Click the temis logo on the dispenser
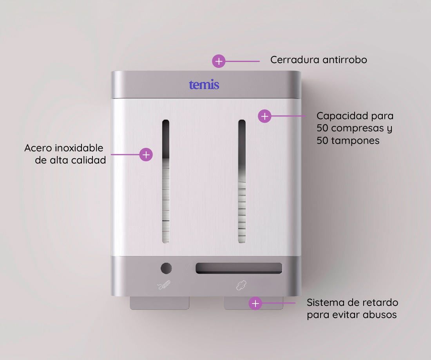[x=204, y=85]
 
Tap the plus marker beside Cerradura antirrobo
[x=219, y=61]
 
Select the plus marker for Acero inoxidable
[x=146, y=155]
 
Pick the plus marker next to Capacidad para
[x=265, y=116]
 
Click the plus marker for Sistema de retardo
[x=255, y=303]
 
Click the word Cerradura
[x=295, y=60]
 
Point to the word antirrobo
[x=345, y=60]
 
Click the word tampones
[x=355, y=141]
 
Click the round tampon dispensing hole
[x=166, y=268]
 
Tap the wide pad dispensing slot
[x=239, y=268]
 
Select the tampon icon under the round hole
[x=164, y=285]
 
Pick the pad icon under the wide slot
[x=241, y=285]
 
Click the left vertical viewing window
[x=166, y=182]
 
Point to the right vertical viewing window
[x=242, y=182]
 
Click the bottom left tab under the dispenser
[x=159, y=303]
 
